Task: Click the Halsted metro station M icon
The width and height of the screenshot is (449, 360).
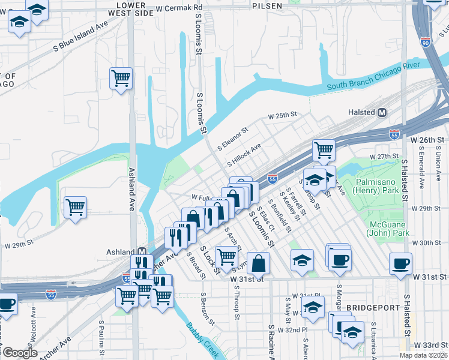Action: coord(382,112)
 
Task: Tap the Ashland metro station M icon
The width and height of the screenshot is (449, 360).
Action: coord(142,252)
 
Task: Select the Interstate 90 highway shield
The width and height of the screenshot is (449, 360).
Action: coord(426,43)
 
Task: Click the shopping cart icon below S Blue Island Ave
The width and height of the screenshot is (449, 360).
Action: coord(121,78)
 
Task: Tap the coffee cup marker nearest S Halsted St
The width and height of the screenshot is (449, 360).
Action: coord(401,263)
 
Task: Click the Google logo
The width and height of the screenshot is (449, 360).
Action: coord(20,353)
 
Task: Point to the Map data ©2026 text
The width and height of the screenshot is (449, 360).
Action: coord(424,355)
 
